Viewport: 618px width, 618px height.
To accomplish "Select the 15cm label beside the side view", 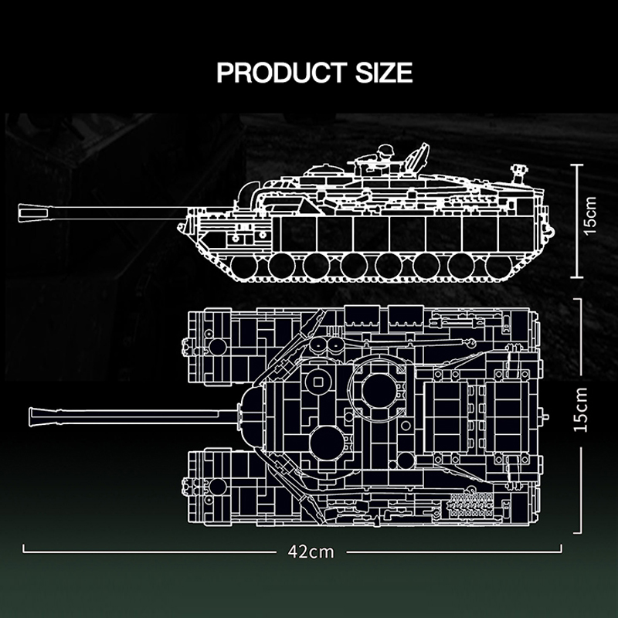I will click(591, 219).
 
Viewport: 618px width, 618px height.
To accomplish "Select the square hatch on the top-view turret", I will click(317, 381).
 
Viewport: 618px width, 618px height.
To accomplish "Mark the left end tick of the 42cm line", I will click(24, 549).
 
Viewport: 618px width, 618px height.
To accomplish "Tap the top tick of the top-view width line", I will click(576, 298).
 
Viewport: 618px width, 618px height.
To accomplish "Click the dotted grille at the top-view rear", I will click(470, 503).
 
